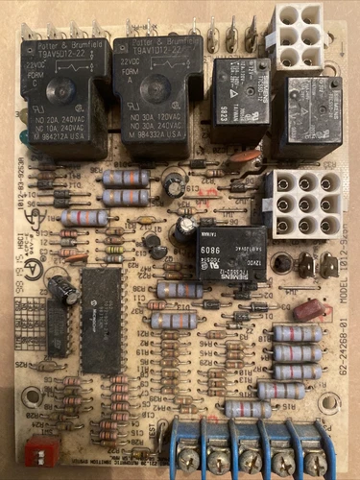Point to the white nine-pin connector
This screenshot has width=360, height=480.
[x=300, y=203]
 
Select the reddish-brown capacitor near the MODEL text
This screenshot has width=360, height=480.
[x=307, y=310]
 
